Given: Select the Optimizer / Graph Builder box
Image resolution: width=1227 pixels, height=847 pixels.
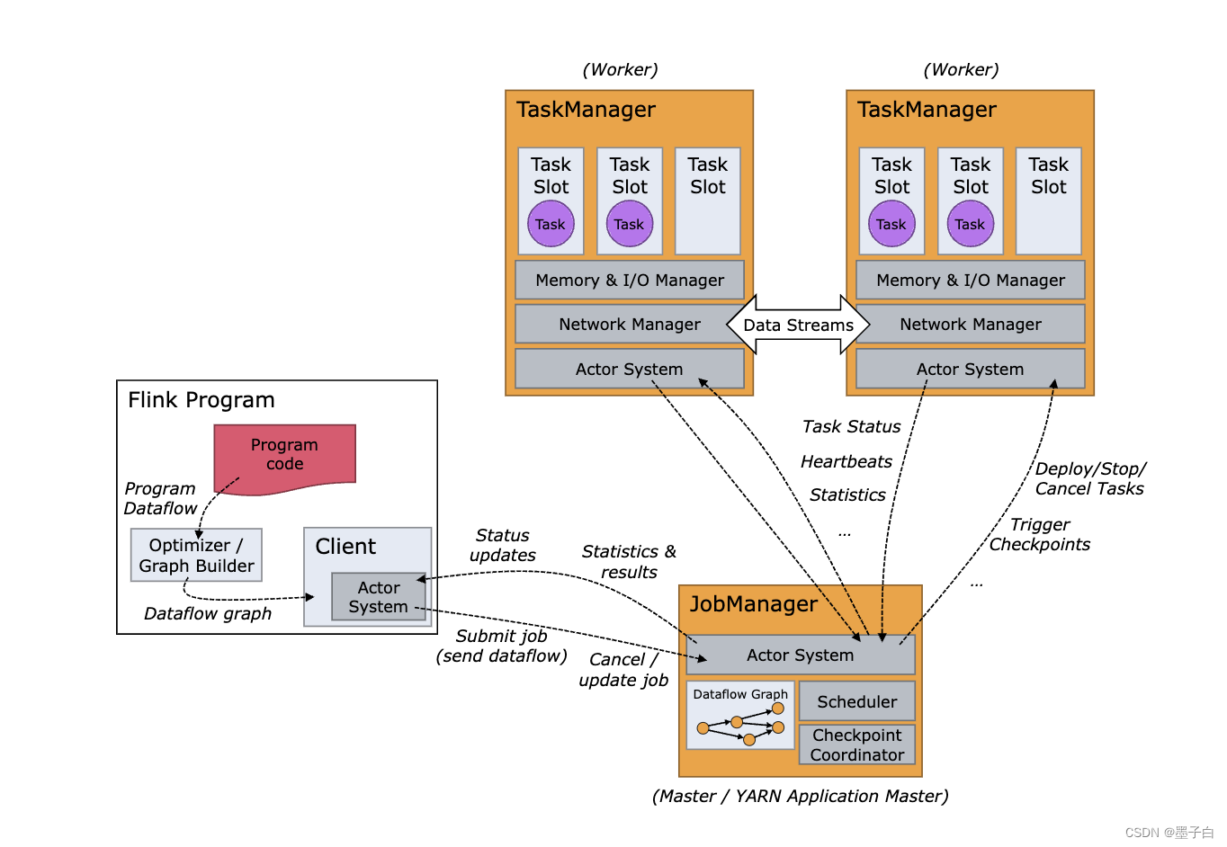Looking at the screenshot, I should [x=196, y=555].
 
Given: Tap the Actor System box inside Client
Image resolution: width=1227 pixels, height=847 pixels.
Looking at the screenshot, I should [x=379, y=597].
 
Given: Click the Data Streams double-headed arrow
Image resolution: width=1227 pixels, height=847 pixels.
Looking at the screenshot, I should [x=798, y=325].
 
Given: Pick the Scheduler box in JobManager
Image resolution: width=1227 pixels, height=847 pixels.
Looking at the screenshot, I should [x=856, y=701].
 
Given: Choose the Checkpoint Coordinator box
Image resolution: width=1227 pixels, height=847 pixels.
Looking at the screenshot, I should [x=856, y=744].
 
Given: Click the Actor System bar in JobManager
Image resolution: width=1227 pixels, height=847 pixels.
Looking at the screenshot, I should [x=800, y=655].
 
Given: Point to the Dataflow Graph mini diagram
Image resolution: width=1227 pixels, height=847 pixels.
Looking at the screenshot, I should [x=740, y=717].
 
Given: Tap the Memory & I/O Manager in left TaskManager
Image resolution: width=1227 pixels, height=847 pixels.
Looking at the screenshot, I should [x=629, y=280].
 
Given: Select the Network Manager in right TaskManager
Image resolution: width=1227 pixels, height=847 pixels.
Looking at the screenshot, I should [x=970, y=324].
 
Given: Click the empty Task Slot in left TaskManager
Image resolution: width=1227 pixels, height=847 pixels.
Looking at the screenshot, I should [x=707, y=201].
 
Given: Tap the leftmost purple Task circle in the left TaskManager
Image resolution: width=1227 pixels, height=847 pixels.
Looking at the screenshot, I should [x=551, y=224].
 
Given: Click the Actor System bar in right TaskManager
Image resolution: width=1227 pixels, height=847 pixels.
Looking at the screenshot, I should [x=970, y=369].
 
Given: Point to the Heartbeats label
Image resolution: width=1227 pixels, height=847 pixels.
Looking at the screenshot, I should [x=846, y=461].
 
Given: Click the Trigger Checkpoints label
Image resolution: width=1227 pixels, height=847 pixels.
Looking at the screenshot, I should [x=1039, y=534].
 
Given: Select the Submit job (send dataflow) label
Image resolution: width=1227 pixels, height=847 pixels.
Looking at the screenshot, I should [x=501, y=646].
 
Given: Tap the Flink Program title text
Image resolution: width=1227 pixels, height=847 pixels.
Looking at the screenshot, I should [x=202, y=400].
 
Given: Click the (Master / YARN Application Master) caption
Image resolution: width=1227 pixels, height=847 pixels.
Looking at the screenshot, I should [x=800, y=796].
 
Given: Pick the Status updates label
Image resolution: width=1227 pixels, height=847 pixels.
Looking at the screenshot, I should [x=502, y=545].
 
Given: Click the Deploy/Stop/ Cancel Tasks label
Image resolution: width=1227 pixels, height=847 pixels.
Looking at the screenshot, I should [x=1089, y=478].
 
